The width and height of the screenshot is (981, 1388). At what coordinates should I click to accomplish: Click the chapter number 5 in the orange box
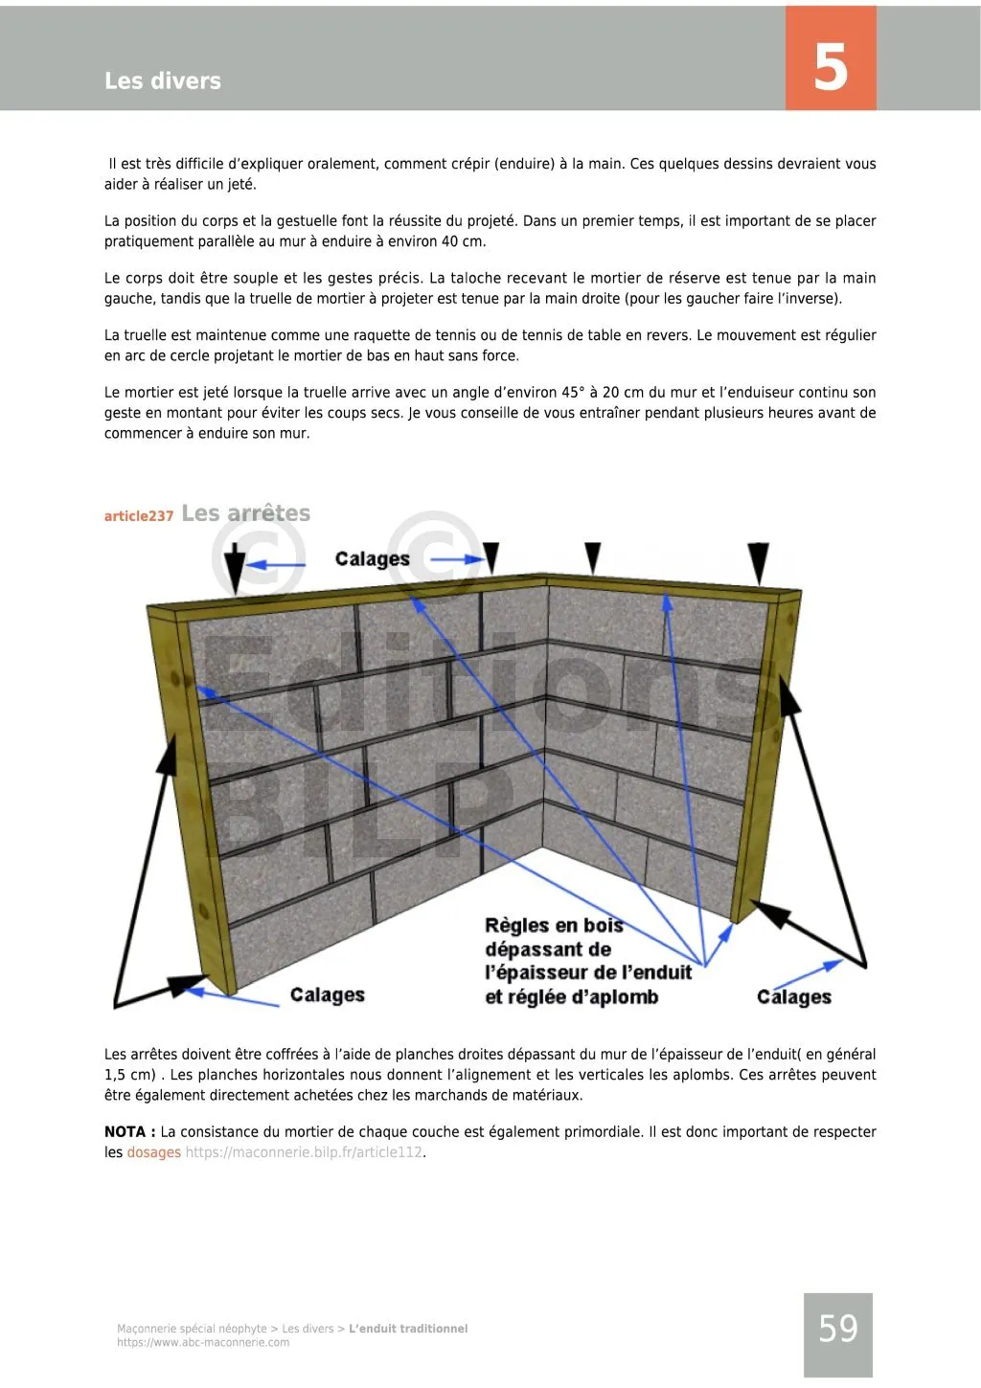(831, 67)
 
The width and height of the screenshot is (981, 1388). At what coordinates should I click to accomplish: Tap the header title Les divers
(163, 81)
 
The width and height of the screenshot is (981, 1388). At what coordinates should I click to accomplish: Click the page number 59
(838, 1329)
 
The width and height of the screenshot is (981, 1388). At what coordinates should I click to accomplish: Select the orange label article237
(139, 516)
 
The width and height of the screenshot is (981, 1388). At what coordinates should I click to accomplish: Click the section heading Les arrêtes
(246, 513)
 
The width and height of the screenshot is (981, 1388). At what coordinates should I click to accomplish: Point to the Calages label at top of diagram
(373, 559)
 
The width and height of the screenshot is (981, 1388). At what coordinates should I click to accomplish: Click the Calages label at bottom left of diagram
(328, 995)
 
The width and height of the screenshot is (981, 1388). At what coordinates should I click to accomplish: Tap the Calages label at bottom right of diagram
(794, 997)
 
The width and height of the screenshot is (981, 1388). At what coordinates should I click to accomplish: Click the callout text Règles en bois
(554, 925)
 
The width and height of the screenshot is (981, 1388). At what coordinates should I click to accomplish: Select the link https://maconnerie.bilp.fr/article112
(304, 1152)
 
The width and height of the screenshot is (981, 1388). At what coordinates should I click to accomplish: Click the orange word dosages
(153, 1152)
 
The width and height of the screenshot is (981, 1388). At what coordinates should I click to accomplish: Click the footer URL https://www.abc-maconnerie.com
(203, 1343)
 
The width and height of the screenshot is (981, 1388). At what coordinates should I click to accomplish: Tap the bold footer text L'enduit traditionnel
(408, 1329)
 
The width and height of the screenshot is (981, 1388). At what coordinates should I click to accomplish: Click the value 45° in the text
(571, 393)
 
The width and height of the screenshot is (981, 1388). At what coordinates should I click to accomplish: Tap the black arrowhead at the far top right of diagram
(759, 561)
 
